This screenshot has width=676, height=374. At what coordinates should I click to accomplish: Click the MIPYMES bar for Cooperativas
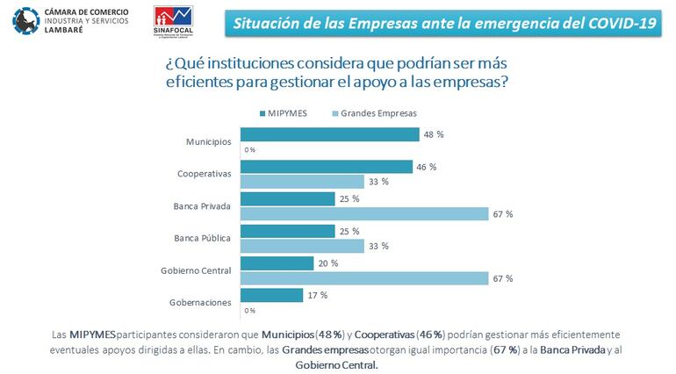tap(326, 167)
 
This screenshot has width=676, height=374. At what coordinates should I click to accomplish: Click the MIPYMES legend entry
tap(284, 113)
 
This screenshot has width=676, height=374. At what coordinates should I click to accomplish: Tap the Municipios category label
tap(209, 141)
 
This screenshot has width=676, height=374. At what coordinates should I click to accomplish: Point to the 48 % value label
tap(435, 134)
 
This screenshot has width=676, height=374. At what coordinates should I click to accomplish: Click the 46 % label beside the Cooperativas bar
tap(427, 167)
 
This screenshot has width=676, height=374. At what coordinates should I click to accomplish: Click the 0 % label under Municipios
tap(249, 150)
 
